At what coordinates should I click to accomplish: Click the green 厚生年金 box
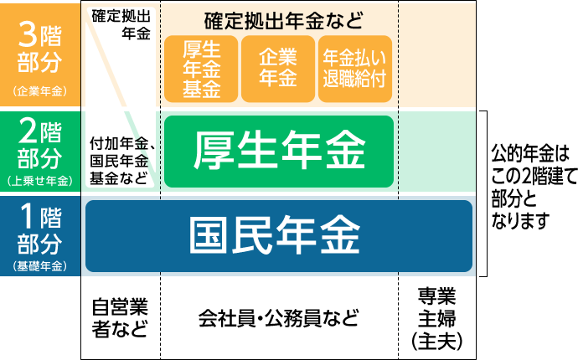coord(278,151)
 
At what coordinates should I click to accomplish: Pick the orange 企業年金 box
coord(278,69)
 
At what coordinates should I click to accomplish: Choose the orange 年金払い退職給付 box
coord(355,69)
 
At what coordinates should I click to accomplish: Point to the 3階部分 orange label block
coord(39,54)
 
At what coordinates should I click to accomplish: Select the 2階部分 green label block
coord(39,151)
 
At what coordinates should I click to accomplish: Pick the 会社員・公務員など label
coord(278,318)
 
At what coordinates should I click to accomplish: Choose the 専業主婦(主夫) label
coord(436,318)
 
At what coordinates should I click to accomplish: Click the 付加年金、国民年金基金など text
coord(120,160)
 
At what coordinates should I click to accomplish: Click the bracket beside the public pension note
coord(483,193)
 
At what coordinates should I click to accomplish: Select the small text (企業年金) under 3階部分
coord(39,90)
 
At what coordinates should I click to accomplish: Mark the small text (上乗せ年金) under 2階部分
coord(39,180)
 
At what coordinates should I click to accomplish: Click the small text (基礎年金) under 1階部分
coord(39,267)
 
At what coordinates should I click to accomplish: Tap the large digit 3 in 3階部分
coord(27,37)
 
